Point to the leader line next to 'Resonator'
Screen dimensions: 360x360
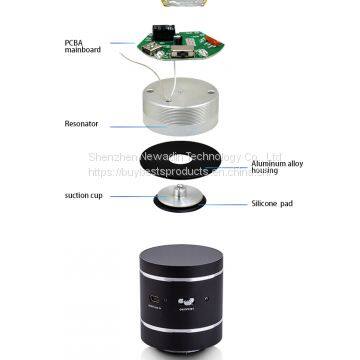click(x=136, y=126)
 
